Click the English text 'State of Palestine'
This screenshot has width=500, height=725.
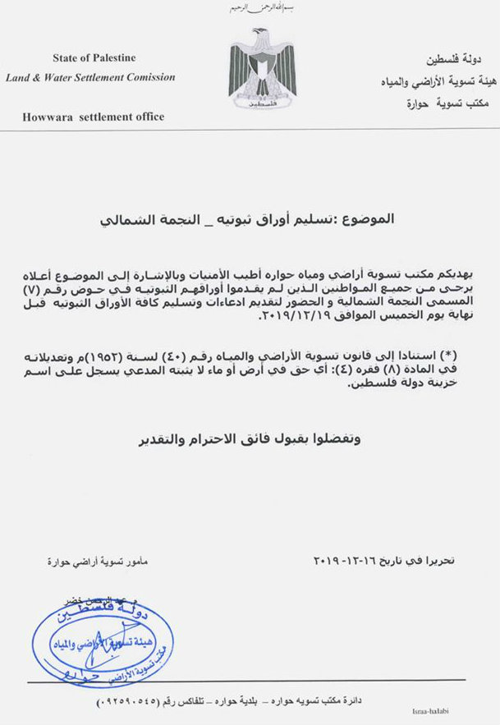tap(94, 58)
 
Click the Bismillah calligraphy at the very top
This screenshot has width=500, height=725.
tap(249, 8)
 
